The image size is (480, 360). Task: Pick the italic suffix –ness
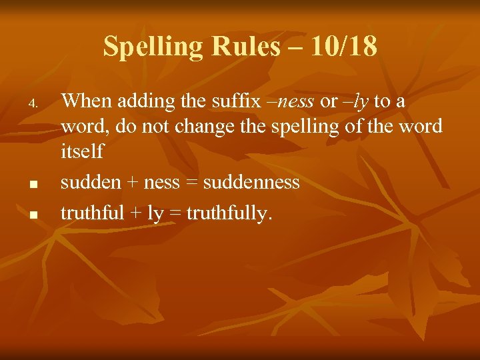pyautogui.click(x=291, y=102)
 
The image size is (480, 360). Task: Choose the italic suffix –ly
pyautogui.click(x=355, y=102)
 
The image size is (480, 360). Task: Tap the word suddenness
pyautogui.click(x=251, y=182)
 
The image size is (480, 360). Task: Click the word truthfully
pyautogui.click(x=229, y=213)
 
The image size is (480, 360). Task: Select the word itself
pyautogui.click(x=82, y=151)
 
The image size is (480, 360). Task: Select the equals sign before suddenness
pyautogui.click(x=193, y=183)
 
